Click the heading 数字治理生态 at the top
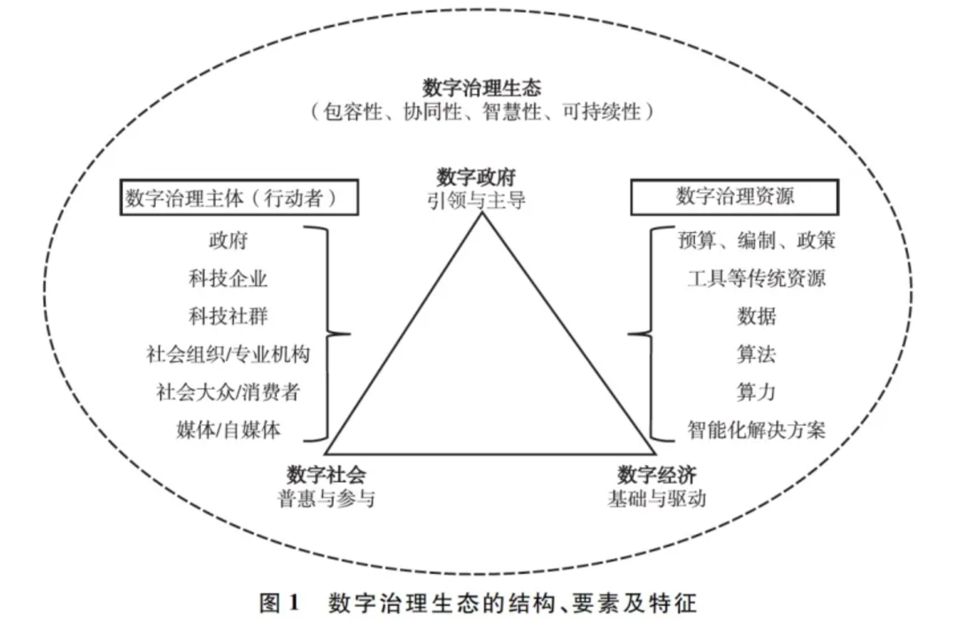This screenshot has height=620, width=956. (482, 89)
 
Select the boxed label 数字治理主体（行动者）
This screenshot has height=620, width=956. (238, 198)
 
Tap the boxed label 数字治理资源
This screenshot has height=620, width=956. (735, 197)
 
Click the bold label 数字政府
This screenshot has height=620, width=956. (476, 177)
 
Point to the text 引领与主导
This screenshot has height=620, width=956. (476, 200)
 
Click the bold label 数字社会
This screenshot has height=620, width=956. (326, 475)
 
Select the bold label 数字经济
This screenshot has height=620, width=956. (657, 475)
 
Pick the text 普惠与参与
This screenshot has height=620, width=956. (326, 499)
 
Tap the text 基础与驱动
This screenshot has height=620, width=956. (657, 499)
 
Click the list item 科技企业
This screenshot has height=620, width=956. (228, 278)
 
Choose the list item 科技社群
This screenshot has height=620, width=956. (228, 316)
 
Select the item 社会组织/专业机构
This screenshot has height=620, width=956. (228, 354)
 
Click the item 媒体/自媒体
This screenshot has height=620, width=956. (228, 430)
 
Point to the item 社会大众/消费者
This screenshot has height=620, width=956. (228, 391)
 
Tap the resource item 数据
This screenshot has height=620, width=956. (756, 316)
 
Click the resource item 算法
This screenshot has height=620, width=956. (756, 354)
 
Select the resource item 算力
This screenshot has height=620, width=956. (756, 391)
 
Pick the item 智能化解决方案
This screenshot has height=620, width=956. (756, 430)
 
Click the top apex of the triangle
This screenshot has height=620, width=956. (482, 213)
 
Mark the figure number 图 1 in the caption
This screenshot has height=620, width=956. (279, 603)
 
